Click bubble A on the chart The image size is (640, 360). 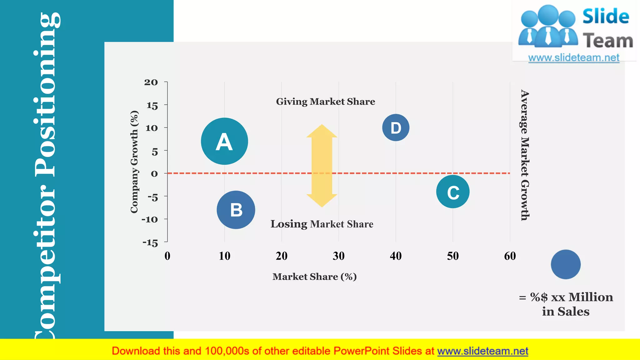click(224, 141)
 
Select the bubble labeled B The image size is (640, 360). click(236, 210)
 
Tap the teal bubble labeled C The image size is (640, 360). click(453, 192)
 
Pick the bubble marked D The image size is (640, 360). click(396, 127)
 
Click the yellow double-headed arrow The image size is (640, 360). click(322, 166)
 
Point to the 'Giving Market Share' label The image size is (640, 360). click(325, 102)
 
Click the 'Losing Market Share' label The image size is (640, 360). click(322, 224)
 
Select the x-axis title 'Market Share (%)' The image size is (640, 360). click(314, 277)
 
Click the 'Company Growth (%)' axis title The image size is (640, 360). click(134, 162)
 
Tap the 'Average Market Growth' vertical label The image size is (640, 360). click(525, 155)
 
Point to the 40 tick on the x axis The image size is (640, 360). click(396, 256)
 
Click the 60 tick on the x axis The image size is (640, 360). click(510, 256)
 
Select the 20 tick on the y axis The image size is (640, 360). click(151, 82)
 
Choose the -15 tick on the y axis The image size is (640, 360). click(150, 243)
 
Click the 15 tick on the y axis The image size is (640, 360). click(152, 106)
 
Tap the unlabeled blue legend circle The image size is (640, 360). click(566, 264)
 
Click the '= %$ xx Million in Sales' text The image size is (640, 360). click(566, 304)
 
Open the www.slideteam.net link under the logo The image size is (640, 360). click(574, 58)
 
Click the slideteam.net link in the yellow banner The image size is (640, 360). click(482, 351)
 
